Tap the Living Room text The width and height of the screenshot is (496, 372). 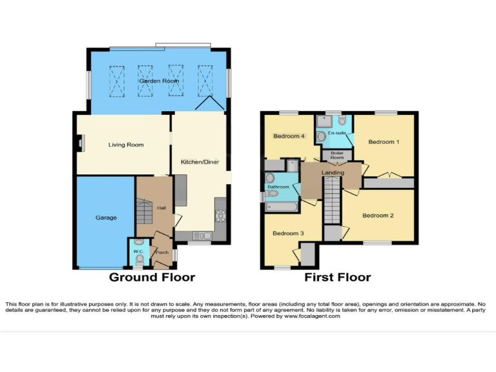tap(125, 145)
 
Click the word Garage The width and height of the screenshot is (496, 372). tap(106, 218)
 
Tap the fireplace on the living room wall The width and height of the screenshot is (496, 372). tap(80, 143)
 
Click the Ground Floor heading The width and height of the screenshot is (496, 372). tap(152, 278)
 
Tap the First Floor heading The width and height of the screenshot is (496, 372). tap(338, 278)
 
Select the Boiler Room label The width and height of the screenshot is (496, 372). tap(337, 155)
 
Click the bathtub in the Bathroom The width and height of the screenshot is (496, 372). tap(281, 207)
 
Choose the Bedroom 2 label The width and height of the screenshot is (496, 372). tap(378, 215)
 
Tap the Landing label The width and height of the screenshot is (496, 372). tap(333, 172)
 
